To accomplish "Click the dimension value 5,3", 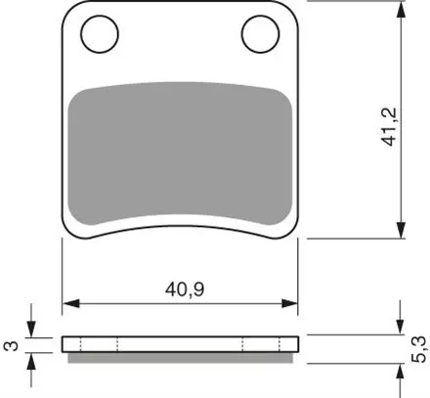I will pos(419,346).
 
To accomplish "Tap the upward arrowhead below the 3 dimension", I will pos(33,359).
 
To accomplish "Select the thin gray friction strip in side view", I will pos(181,356).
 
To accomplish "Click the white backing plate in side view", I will pos(181,343).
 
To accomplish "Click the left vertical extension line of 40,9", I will pos(63,274).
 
